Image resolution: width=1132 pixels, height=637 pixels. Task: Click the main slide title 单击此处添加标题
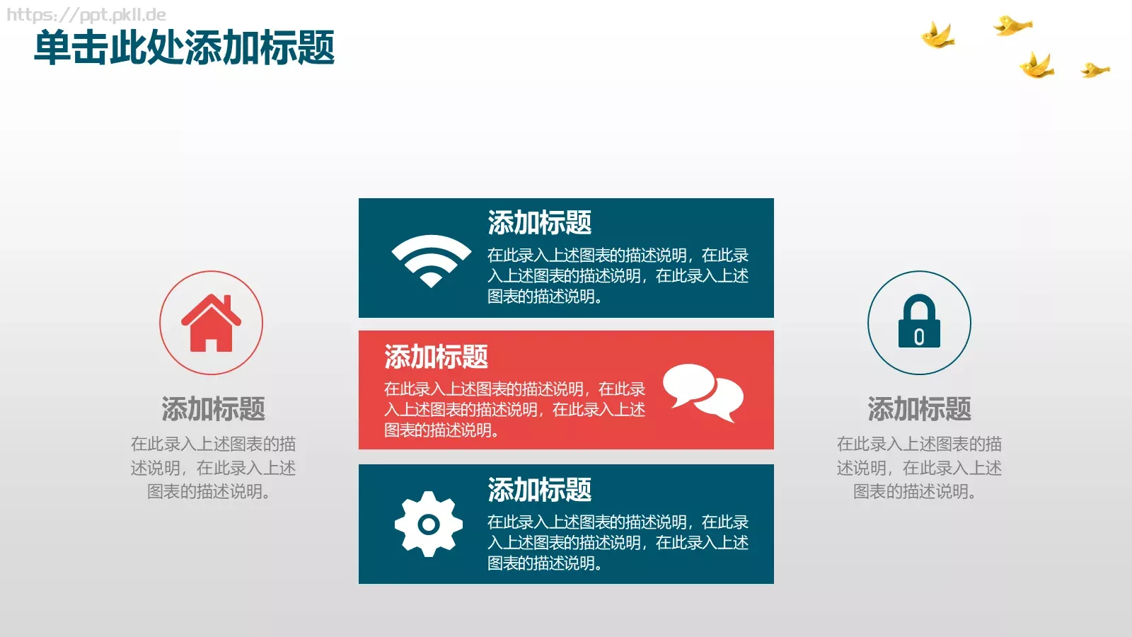tap(184, 48)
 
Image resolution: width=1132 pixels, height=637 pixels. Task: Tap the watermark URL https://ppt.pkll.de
tap(86, 14)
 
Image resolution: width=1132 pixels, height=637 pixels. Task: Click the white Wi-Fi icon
tap(431, 259)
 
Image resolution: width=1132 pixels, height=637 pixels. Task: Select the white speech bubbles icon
tap(703, 392)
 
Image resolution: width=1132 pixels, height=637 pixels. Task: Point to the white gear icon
tap(429, 524)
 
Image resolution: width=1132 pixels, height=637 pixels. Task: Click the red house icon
tap(211, 323)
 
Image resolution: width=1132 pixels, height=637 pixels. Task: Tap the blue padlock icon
tap(919, 322)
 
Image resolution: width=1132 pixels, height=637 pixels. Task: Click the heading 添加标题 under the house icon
tap(213, 409)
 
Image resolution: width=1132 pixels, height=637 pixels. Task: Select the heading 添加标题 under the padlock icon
tap(919, 409)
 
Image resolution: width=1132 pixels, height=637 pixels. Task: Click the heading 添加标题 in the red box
tap(436, 357)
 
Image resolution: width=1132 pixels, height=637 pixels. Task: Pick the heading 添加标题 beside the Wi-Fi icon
tap(539, 223)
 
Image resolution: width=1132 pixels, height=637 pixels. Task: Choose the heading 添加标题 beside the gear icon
tap(539, 490)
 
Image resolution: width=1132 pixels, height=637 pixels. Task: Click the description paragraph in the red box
tap(514, 409)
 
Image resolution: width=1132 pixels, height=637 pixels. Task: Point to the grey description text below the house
tap(213, 467)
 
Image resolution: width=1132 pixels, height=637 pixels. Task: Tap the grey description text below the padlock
tap(919, 467)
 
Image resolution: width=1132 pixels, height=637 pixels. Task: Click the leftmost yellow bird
tap(937, 35)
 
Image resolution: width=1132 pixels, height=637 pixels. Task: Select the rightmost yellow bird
tap(1095, 69)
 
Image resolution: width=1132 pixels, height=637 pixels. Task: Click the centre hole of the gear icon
tap(429, 524)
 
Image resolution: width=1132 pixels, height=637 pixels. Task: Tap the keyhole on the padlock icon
tap(919, 337)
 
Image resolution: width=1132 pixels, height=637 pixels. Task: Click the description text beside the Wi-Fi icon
tap(618, 275)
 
